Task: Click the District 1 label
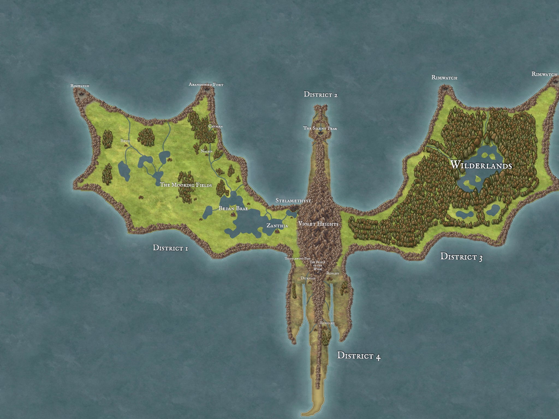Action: (170, 248)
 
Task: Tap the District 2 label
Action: (321, 95)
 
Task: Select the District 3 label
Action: (461, 257)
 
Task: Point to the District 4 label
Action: (359, 356)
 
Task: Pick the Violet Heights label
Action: (318, 224)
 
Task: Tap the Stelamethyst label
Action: (293, 200)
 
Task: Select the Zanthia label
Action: (277, 226)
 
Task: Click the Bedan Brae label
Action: (233, 208)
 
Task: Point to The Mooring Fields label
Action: (186, 185)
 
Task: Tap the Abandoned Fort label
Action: (206, 85)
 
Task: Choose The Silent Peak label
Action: (320, 128)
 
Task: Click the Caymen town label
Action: (215, 126)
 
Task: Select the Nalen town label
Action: (206, 151)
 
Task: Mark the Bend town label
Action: (125, 141)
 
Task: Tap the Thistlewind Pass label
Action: (298, 258)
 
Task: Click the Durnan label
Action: (308, 278)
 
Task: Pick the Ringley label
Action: (327, 323)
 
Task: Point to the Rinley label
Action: (332, 273)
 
